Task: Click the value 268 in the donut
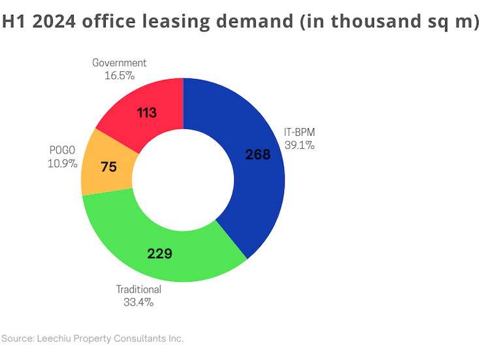[258, 155]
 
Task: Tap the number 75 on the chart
[108, 167]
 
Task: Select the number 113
[147, 113]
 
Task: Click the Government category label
[119, 63]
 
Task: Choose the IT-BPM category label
[300, 132]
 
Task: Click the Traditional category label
[138, 289]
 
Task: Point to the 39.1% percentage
[300, 145]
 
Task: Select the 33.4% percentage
[138, 302]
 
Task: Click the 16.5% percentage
[119, 75]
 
